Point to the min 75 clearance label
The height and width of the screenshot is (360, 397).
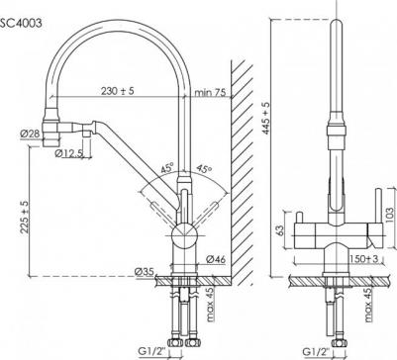point(211,92)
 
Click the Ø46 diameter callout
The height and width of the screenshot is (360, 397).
point(220,258)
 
